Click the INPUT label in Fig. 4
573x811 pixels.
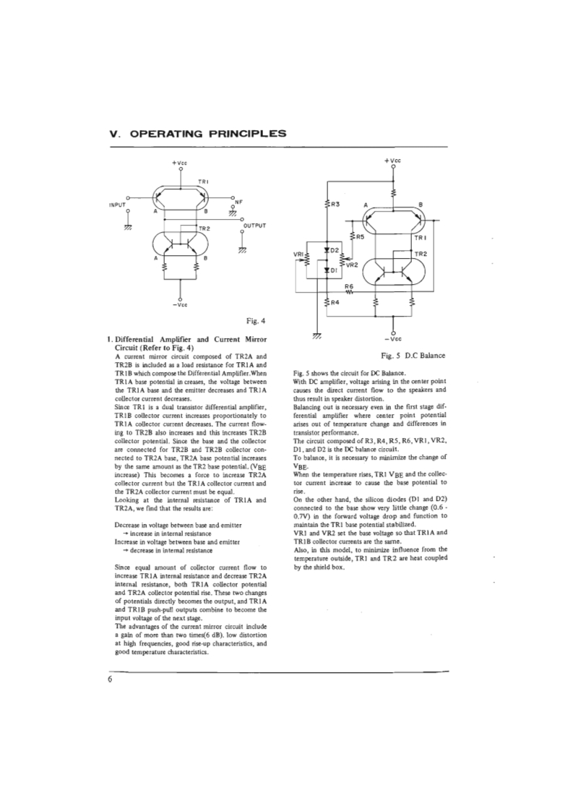point(118,205)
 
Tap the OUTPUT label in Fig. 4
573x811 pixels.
point(255,226)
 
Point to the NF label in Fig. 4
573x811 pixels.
point(238,202)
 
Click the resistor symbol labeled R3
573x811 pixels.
point(327,205)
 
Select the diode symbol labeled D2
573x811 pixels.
point(327,249)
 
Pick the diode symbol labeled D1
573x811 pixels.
point(327,269)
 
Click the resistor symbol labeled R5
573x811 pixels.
point(351,236)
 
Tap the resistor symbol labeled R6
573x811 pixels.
point(349,293)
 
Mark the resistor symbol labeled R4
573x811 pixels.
point(327,301)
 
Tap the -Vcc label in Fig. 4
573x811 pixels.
point(180,304)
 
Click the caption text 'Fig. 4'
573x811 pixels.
point(257,321)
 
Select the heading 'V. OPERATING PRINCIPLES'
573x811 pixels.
point(197,133)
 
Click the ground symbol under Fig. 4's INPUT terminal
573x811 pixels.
point(128,226)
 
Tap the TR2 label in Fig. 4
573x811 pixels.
point(204,228)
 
